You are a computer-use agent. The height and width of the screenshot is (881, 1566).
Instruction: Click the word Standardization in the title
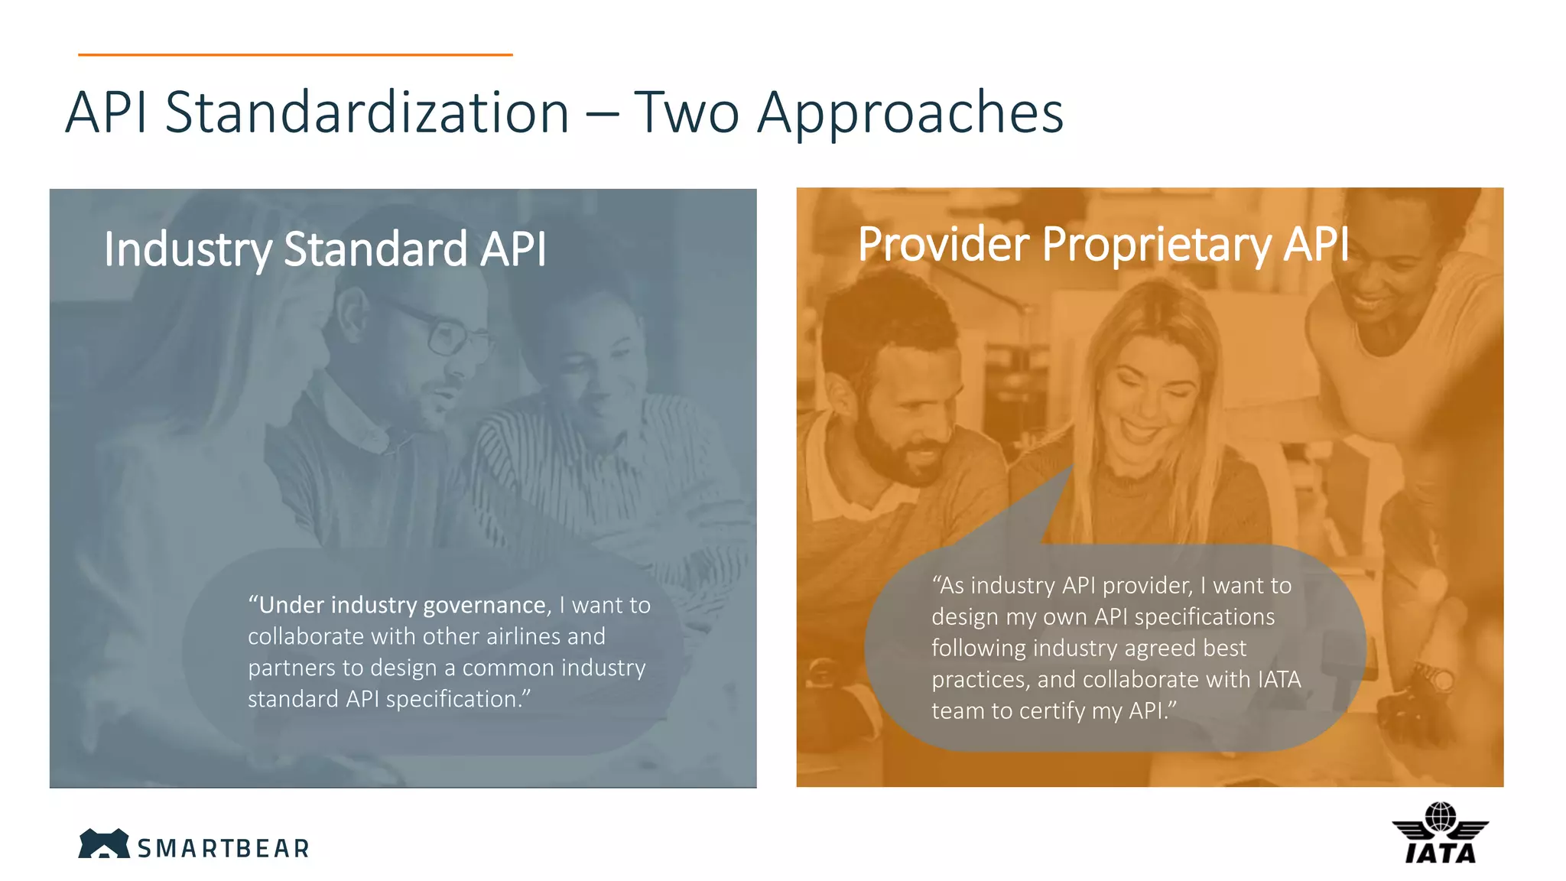pyautogui.click(x=367, y=112)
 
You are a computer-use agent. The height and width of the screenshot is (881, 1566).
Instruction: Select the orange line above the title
pyautogui.click(x=295, y=54)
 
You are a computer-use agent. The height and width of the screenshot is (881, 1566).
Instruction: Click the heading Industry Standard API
pyautogui.click(x=325, y=249)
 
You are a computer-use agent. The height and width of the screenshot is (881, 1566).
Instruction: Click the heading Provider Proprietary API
pyautogui.click(x=1103, y=245)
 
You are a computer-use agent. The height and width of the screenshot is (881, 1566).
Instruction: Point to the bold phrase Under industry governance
pyautogui.click(x=402, y=605)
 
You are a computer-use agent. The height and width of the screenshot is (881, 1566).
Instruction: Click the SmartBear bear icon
pyautogui.click(x=104, y=844)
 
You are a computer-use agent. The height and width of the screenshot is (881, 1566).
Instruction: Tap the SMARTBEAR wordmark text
pyautogui.click(x=223, y=848)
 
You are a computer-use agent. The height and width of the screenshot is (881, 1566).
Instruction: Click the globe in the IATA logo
pyautogui.click(x=1441, y=817)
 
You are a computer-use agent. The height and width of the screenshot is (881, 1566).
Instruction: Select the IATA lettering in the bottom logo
pyautogui.click(x=1441, y=853)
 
